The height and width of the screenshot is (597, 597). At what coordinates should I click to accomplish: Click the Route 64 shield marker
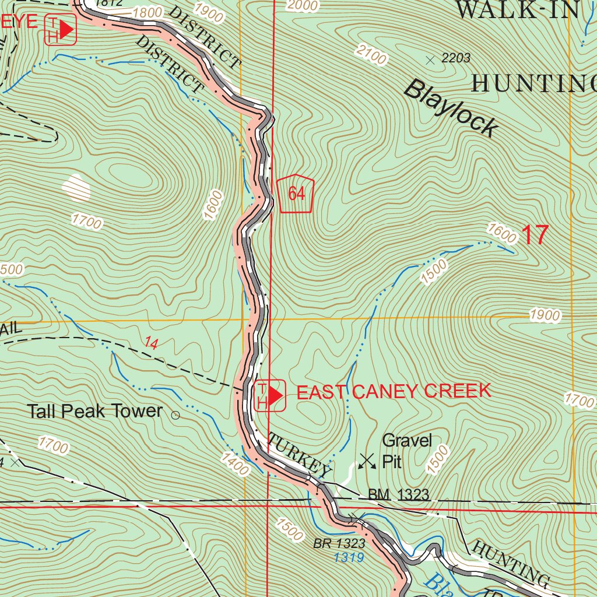click(296, 194)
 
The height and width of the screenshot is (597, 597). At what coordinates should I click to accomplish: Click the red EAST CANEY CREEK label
click(394, 392)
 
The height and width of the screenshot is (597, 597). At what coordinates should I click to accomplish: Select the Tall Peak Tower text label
click(95, 411)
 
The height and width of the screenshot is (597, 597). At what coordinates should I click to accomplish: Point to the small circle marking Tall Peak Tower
click(175, 415)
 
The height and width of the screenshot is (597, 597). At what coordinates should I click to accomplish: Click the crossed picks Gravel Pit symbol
click(367, 461)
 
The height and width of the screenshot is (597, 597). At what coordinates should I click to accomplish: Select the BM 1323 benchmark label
click(398, 496)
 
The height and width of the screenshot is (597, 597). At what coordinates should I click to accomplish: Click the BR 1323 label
click(339, 543)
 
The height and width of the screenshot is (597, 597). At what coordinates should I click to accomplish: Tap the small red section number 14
click(150, 344)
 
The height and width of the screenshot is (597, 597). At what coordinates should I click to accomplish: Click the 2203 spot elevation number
click(455, 58)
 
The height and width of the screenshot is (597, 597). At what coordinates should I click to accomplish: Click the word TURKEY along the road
click(298, 452)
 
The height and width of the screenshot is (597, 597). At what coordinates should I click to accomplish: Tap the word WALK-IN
click(517, 10)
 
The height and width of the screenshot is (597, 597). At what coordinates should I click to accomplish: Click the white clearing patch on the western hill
click(76, 188)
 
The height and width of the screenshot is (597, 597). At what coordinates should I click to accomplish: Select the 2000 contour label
click(303, 6)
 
